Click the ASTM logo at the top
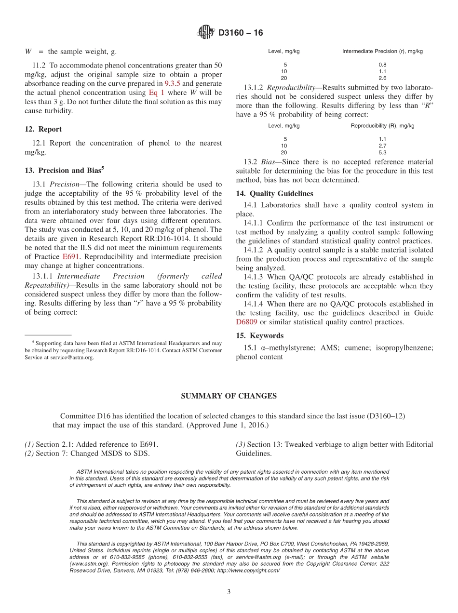tap(205, 33)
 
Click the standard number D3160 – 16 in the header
tap(241, 33)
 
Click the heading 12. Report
tap(43, 129)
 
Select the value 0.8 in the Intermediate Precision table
tap(382, 65)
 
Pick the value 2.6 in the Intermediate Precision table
tap(382, 78)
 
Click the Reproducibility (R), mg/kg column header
tap(382, 126)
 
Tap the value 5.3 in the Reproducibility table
tap(382, 152)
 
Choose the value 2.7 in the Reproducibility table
tap(382, 146)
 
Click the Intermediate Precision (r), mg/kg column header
tap(382, 51)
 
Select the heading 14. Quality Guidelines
tap(274, 194)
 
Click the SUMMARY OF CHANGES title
tap(229, 396)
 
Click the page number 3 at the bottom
tap(229, 592)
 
